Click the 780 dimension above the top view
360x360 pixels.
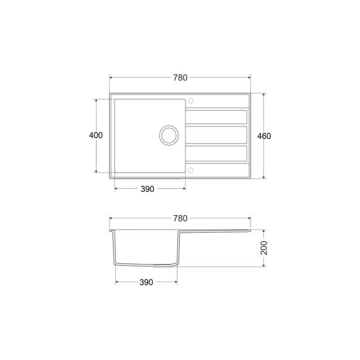coord(180,77)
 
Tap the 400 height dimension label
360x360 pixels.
coord(95,135)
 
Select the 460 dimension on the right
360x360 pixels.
coord(264,135)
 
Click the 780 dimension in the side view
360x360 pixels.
coord(180,218)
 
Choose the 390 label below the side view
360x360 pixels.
coord(146,282)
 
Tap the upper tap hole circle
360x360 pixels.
coord(190,100)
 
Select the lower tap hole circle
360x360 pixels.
coord(190,170)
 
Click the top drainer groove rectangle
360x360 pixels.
coord(216,116)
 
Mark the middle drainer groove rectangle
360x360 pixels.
coord(216,135)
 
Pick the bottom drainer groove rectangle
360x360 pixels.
coord(216,153)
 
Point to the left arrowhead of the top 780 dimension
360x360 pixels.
coord(111,77)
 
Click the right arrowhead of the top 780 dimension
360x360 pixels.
coord(249,77)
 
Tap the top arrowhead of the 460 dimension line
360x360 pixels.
coord(264,94)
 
